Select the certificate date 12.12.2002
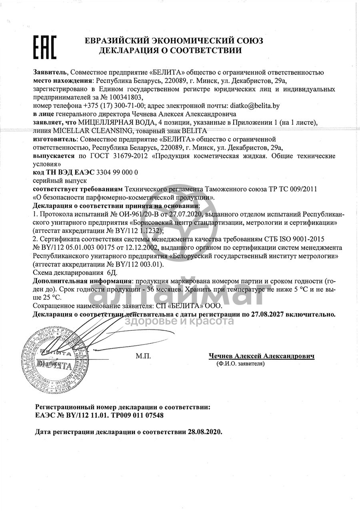point(138,248)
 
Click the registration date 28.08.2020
point(204,432)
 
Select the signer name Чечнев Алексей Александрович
point(262,356)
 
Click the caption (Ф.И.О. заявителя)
point(240,364)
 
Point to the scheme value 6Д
point(96,273)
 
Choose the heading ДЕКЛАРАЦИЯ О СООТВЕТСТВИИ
point(170,50)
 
